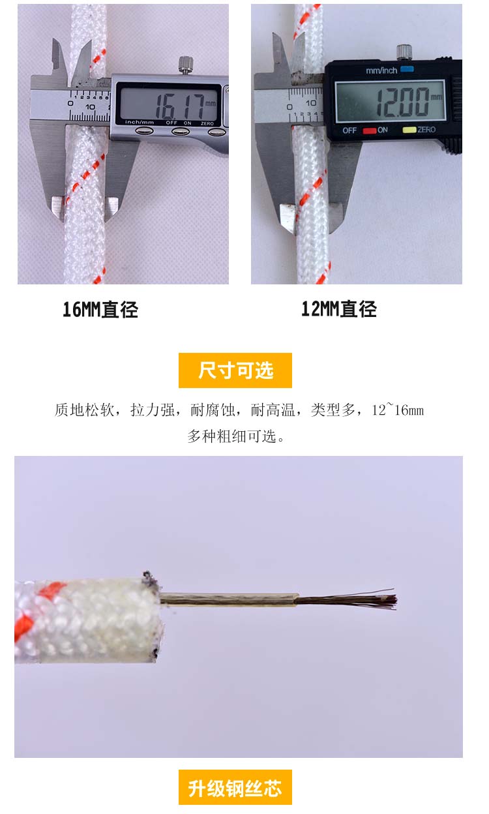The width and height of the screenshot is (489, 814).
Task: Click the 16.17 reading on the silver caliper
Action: point(179,106)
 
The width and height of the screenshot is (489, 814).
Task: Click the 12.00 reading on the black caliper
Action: point(402,102)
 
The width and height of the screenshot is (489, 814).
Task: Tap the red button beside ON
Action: point(370,130)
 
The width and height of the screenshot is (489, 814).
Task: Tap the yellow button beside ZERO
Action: point(409,130)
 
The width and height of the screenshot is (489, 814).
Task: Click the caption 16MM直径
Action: point(100,310)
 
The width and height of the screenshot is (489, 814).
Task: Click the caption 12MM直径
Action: point(338,309)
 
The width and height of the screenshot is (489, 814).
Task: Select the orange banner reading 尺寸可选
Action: point(235,370)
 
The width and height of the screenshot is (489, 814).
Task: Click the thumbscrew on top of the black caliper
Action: point(404,52)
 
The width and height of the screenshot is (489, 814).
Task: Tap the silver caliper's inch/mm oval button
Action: point(144,131)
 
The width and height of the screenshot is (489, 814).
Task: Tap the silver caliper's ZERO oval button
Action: point(217,132)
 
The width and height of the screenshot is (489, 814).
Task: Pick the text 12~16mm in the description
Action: point(398,410)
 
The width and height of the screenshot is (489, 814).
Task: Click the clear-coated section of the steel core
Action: point(229,599)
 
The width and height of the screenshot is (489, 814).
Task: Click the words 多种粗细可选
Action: point(231,436)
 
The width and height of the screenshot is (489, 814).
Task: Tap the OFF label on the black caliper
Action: point(349,130)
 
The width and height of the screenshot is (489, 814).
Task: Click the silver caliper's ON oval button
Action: point(180,131)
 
